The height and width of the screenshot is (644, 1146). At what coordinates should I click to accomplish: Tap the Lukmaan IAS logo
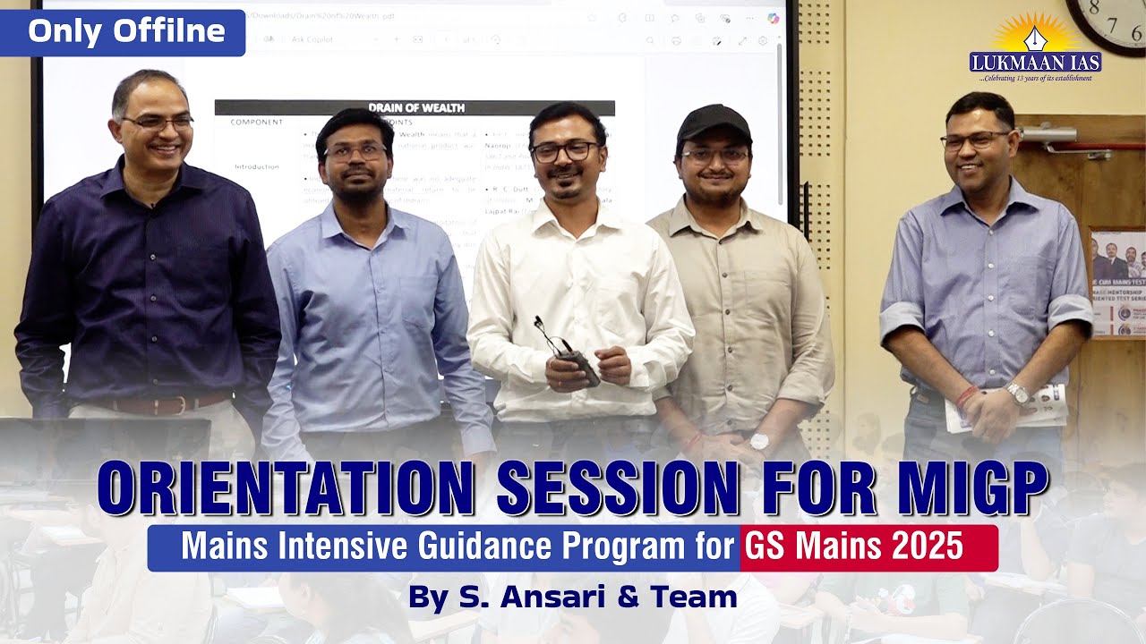point(1035,49)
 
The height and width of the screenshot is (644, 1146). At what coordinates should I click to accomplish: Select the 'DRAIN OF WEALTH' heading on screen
point(415,108)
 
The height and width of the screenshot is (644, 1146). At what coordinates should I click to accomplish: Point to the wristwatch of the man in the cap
point(759,440)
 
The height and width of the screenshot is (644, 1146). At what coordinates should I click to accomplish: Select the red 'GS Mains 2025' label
point(868,547)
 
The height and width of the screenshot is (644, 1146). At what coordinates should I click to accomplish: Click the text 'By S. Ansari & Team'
point(572,597)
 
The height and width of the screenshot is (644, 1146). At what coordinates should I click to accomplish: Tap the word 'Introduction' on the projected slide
point(258,166)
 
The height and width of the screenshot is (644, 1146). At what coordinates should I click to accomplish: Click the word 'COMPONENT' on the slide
point(257,123)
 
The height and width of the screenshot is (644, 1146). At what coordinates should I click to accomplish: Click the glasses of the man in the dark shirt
point(158,123)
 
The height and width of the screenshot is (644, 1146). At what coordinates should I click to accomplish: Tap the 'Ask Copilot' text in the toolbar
point(312,40)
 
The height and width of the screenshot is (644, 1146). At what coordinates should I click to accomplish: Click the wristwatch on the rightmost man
point(1017,393)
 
